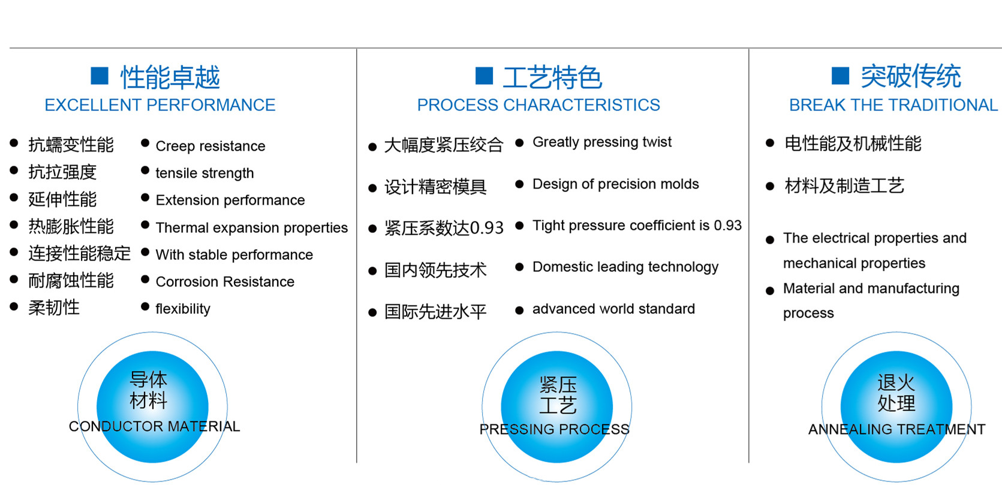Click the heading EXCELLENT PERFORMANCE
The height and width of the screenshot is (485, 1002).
(160, 105)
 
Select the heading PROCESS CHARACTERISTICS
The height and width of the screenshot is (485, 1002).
(538, 105)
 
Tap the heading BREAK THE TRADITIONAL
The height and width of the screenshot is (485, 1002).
(893, 105)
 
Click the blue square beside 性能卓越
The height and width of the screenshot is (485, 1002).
(100, 75)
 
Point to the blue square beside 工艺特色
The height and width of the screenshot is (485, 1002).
(484, 75)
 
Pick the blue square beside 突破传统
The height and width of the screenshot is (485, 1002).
(840, 75)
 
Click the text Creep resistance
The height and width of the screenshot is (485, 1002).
(210, 146)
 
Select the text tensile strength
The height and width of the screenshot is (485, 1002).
(204, 173)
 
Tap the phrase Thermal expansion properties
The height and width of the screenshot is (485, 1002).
(251, 227)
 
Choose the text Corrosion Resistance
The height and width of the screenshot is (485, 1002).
(225, 282)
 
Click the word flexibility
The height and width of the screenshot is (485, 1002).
(182, 309)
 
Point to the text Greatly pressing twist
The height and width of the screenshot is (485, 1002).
(601, 142)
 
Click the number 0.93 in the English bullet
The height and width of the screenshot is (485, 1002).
(727, 225)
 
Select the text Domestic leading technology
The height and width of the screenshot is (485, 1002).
(625, 267)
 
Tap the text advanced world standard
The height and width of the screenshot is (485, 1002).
(613, 309)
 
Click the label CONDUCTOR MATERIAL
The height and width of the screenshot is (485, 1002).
(154, 426)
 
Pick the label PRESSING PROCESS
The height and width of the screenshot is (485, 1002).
(554, 429)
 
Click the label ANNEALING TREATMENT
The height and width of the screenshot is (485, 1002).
(896, 429)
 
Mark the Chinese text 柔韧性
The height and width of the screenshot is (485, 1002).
(54, 308)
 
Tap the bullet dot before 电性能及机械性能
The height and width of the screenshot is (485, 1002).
(770, 143)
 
